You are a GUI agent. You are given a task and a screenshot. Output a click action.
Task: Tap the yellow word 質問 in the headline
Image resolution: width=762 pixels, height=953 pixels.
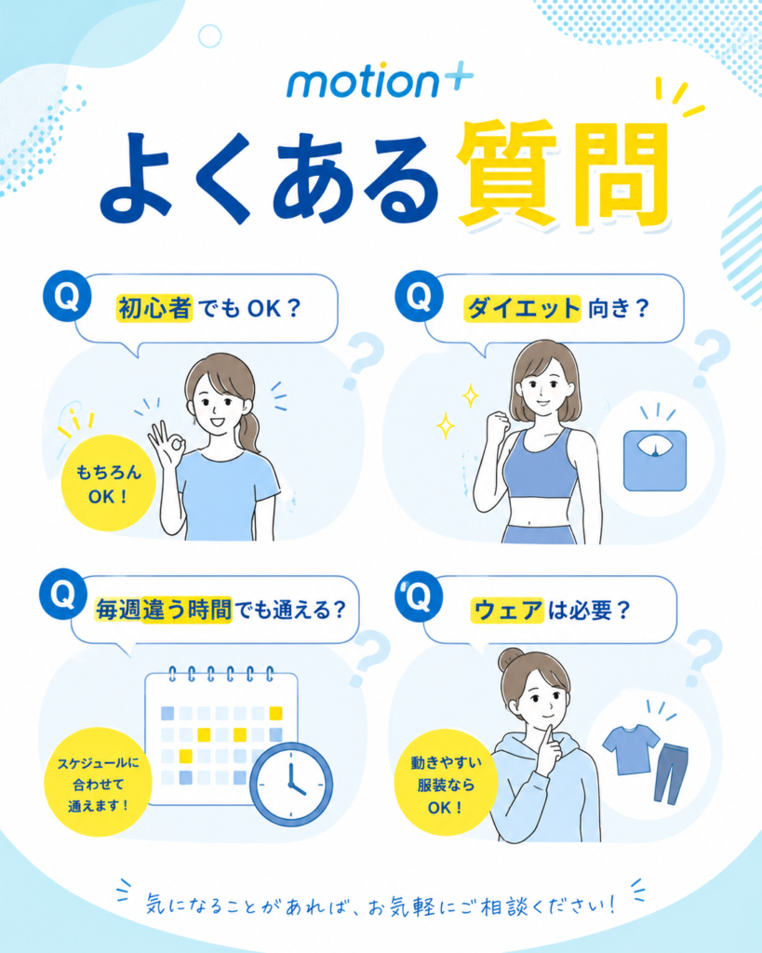click(x=563, y=175)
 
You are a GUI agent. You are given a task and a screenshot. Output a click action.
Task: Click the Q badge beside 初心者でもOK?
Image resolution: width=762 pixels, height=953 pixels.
click(x=67, y=296)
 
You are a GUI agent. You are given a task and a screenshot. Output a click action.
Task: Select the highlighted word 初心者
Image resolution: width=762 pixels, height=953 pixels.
click(x=154, y=308)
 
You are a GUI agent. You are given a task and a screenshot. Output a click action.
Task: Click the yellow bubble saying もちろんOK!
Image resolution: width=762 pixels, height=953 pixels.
click(x=108, y=483)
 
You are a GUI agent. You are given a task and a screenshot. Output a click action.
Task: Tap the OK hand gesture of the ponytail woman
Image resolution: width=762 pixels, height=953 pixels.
click(x=166, y=440)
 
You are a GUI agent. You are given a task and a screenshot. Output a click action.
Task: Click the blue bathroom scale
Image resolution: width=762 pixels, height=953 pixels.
click(x=654, y=460)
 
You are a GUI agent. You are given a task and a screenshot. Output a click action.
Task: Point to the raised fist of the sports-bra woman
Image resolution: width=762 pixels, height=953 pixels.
click(x=500, y=422)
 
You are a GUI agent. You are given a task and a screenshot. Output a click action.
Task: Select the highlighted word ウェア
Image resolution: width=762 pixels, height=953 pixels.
click(x=507, y=611)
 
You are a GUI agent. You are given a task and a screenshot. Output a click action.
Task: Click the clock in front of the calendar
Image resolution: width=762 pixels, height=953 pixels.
click(x=291, y=784)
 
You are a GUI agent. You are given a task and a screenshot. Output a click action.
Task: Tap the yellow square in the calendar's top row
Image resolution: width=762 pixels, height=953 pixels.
click(x=276, y=713)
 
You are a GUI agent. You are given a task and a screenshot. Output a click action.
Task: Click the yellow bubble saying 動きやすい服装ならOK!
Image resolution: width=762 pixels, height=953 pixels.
click(x=446, y=784)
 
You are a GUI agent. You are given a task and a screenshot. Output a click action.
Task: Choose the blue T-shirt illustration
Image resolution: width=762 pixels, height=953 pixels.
click(x=630, y=748)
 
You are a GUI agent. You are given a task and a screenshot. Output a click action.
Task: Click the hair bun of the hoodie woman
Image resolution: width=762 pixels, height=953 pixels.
click(x=511, y=660)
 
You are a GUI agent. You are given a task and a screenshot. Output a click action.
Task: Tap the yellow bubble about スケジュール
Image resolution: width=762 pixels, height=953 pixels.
click(x=99, y=783)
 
